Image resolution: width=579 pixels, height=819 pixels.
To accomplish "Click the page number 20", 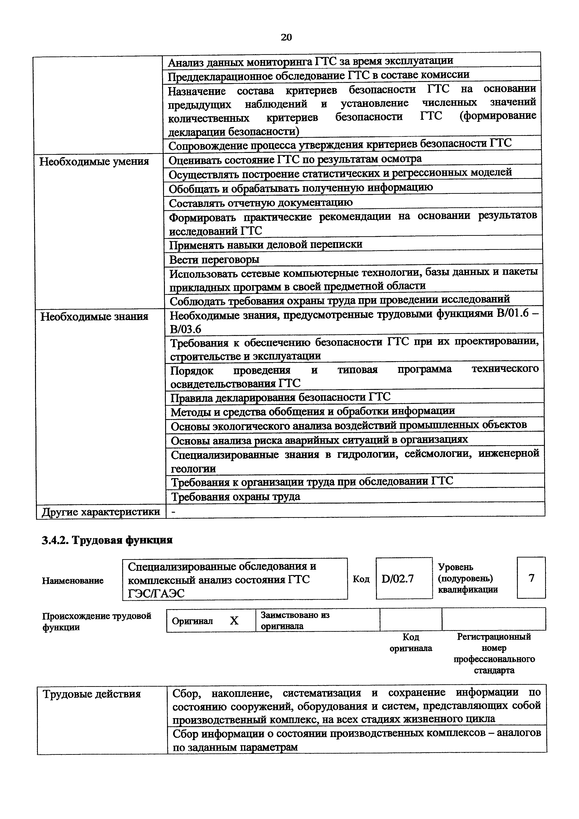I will point(286,37).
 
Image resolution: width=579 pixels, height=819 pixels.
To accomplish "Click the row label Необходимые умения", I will point(94,162).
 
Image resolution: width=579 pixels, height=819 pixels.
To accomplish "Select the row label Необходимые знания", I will point(94,316).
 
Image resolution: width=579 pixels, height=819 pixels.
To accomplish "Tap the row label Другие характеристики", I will point(101,512).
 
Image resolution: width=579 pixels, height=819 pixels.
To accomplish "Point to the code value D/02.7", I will point(398,579).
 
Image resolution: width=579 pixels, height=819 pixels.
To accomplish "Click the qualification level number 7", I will point(531,578).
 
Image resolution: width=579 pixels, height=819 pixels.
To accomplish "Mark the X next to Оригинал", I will point(234,621).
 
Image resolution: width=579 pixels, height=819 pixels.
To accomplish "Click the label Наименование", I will point(73,581).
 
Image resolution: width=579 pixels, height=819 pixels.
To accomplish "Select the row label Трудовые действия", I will point(92,694).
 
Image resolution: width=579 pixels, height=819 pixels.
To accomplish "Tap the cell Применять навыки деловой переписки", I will point(265,245).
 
